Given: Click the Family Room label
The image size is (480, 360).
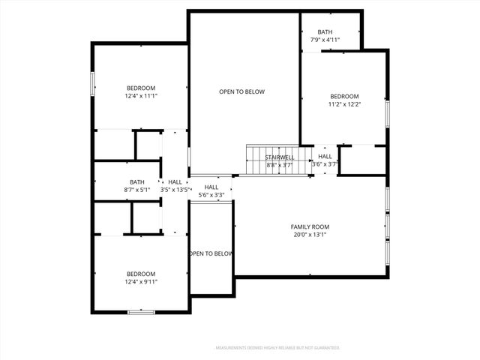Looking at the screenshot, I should click(x=310, y=226).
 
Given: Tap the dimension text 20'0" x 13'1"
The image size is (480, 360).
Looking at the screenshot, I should click(x=310, y=235).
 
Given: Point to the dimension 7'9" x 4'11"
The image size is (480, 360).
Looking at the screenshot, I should click(x=324, y=40).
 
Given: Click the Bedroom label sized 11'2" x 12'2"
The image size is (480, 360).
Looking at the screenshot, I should click(x=345, y=96).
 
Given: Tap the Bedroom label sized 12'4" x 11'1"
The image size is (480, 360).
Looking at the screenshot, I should click(x=141, y=87).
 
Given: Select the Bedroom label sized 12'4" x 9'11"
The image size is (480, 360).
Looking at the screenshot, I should click(x=141, y=274).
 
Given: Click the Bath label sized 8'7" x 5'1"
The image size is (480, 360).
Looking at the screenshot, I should click(x=137, y=182).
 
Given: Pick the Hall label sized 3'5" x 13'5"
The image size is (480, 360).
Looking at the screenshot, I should click(x=175, y=182).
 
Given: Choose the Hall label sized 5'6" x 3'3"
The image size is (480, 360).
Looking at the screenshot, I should click(x=211, y=187).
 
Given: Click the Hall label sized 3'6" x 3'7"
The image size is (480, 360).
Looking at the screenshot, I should click(x=325, y=156).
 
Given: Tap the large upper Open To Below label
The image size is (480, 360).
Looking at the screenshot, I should click(x=241, y=91).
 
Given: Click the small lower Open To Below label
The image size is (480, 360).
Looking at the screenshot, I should click(x=211, y=253).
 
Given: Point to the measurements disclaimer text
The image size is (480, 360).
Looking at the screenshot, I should click(x=277, y=348).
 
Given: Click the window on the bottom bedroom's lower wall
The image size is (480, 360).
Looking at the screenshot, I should click(x=141, y=311).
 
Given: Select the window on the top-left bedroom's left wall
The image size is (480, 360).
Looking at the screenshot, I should click(x=93, y=83).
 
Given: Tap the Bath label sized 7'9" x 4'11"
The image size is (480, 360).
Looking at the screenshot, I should click(x=324, y=31).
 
